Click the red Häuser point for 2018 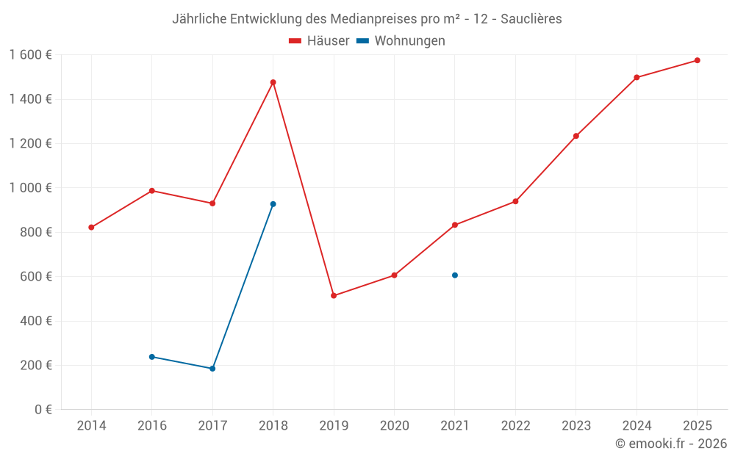click(273, 82)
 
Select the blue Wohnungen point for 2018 click(273, 204)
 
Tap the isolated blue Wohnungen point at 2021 click(455, 275)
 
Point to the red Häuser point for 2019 click(334, 296)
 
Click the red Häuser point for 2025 click(697, 60)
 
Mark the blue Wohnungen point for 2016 click(152, 357)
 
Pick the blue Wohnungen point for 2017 click(212, 369)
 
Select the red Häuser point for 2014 click(91, 228)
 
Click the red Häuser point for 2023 click(576, 136)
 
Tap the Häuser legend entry click(319, 41)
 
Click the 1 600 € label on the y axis click(30, 55)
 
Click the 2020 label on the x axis click(394, 426)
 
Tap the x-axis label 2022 click(515, 426)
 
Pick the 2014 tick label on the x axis click(91, 426)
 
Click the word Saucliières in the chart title click(531, 19)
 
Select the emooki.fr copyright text click(671, 444)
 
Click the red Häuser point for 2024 click(637, 77)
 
